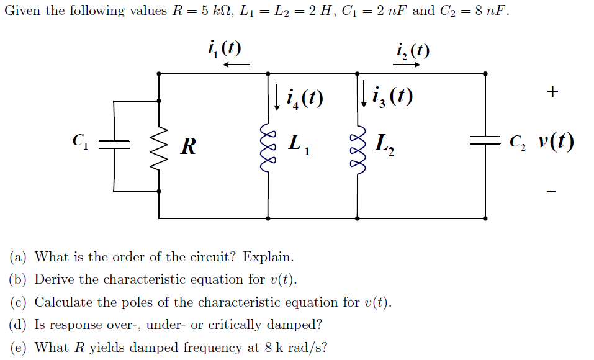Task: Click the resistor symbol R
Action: point(159,146)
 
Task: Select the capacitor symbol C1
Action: point(114,145)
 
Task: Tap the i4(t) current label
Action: point(304,97)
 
